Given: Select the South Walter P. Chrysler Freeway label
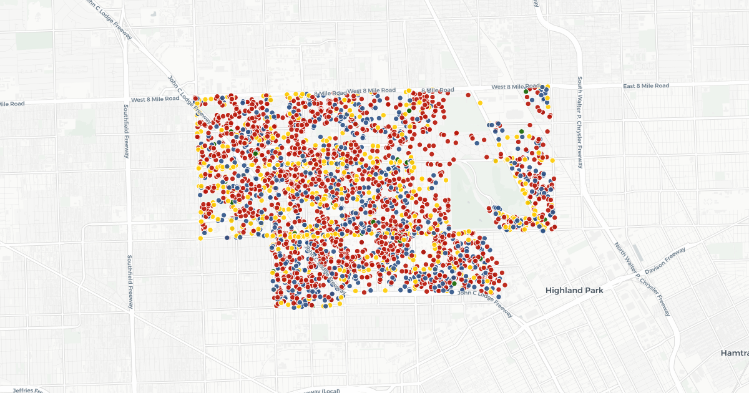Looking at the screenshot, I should pos(580,122).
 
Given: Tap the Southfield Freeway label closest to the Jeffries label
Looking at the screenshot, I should pos(130,281).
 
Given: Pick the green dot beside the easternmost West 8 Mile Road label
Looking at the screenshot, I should pos(526,91).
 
